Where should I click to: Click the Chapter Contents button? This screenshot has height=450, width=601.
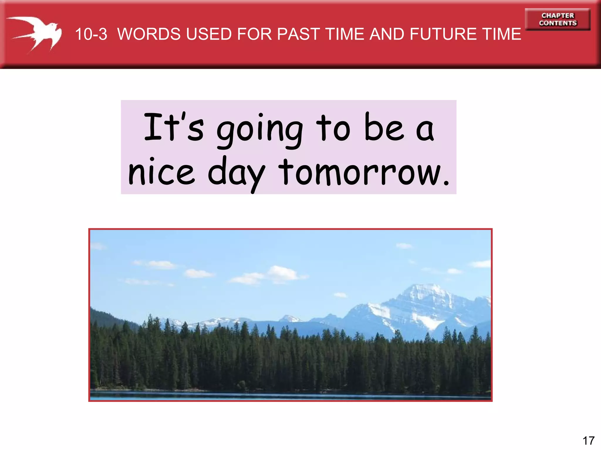coord(558,19)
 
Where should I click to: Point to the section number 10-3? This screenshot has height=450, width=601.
coord(91,34)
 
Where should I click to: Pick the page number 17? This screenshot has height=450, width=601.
coord(588,441)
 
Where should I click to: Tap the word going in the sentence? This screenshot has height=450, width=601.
coord(260,130)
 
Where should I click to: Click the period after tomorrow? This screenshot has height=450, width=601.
coord(446,183)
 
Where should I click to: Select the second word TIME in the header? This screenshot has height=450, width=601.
coord(502,34)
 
